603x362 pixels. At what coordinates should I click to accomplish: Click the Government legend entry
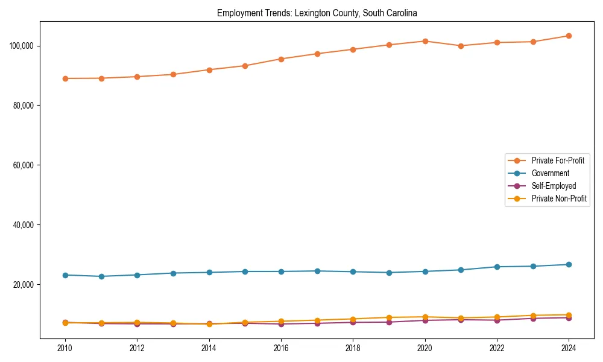click(x=550, y=173)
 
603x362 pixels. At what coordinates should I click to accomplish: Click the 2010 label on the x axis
click(x=65, y=348)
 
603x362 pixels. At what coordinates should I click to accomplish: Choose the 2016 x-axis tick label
click(x=281, y=348)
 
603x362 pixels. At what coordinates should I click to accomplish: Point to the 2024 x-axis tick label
click(x=569, y=348)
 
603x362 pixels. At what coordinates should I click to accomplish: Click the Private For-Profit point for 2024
click(x=569, y=36)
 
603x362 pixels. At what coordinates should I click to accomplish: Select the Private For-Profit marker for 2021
click(x=461, y=46)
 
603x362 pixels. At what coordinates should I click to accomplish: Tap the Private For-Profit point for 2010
click(x=65, y=78)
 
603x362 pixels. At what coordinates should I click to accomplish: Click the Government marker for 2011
click(x=101, y=276)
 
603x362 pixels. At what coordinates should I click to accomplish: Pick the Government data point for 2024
click(x=569, y=264)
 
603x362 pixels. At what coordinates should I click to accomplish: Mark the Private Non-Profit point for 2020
click(x=425, y=317)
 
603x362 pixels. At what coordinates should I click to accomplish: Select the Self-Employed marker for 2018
click(x=353, y=322)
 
